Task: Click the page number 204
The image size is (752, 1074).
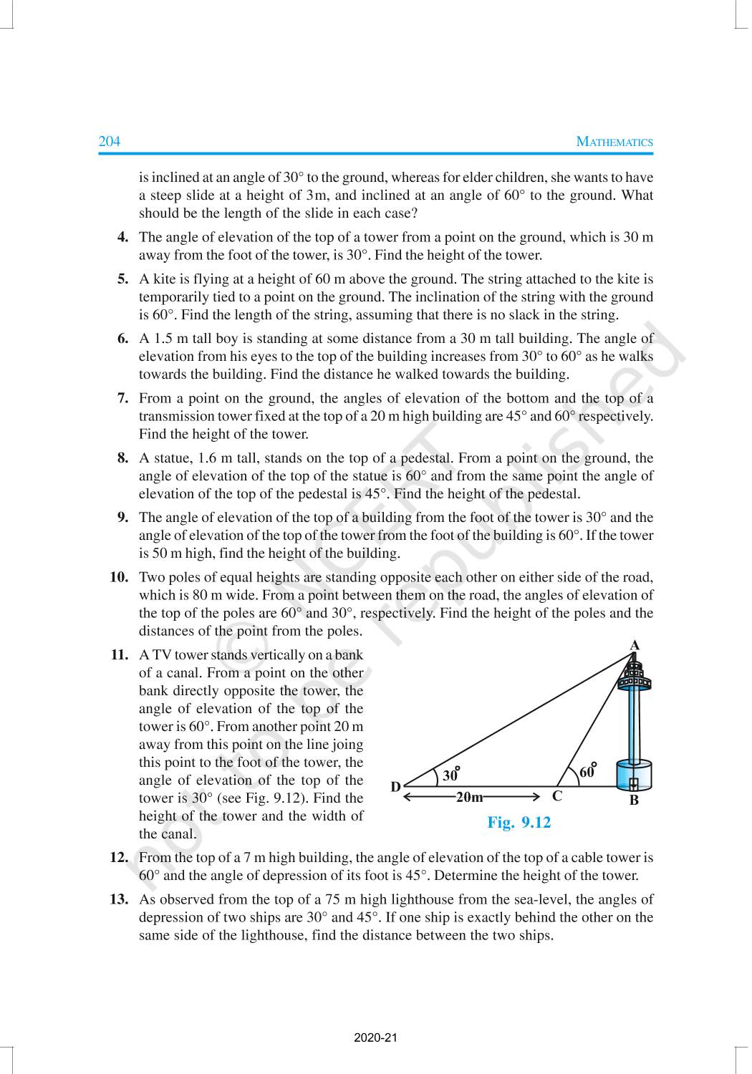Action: coord(109,142)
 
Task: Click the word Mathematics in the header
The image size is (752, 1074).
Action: coord(614,142)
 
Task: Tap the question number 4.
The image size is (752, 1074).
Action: coord(122,237)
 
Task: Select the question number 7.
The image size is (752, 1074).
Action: coord(122,398)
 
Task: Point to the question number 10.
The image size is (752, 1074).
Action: coord(119,577)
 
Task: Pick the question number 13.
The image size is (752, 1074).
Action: coord(119,899)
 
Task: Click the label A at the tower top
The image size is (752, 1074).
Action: coord(634,645)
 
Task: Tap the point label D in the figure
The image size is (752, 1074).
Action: coord(395,787)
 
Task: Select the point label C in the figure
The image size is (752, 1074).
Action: coord(557,796)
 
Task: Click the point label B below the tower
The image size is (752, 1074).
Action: coord(634,801)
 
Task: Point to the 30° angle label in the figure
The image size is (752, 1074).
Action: coord(450,775)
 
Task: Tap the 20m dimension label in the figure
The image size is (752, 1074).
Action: coord(470,796)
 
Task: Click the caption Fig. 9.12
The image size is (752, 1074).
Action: coord(519,823)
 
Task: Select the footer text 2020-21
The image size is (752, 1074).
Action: coord(375,1037)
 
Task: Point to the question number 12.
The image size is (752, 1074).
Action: coord(119,857)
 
